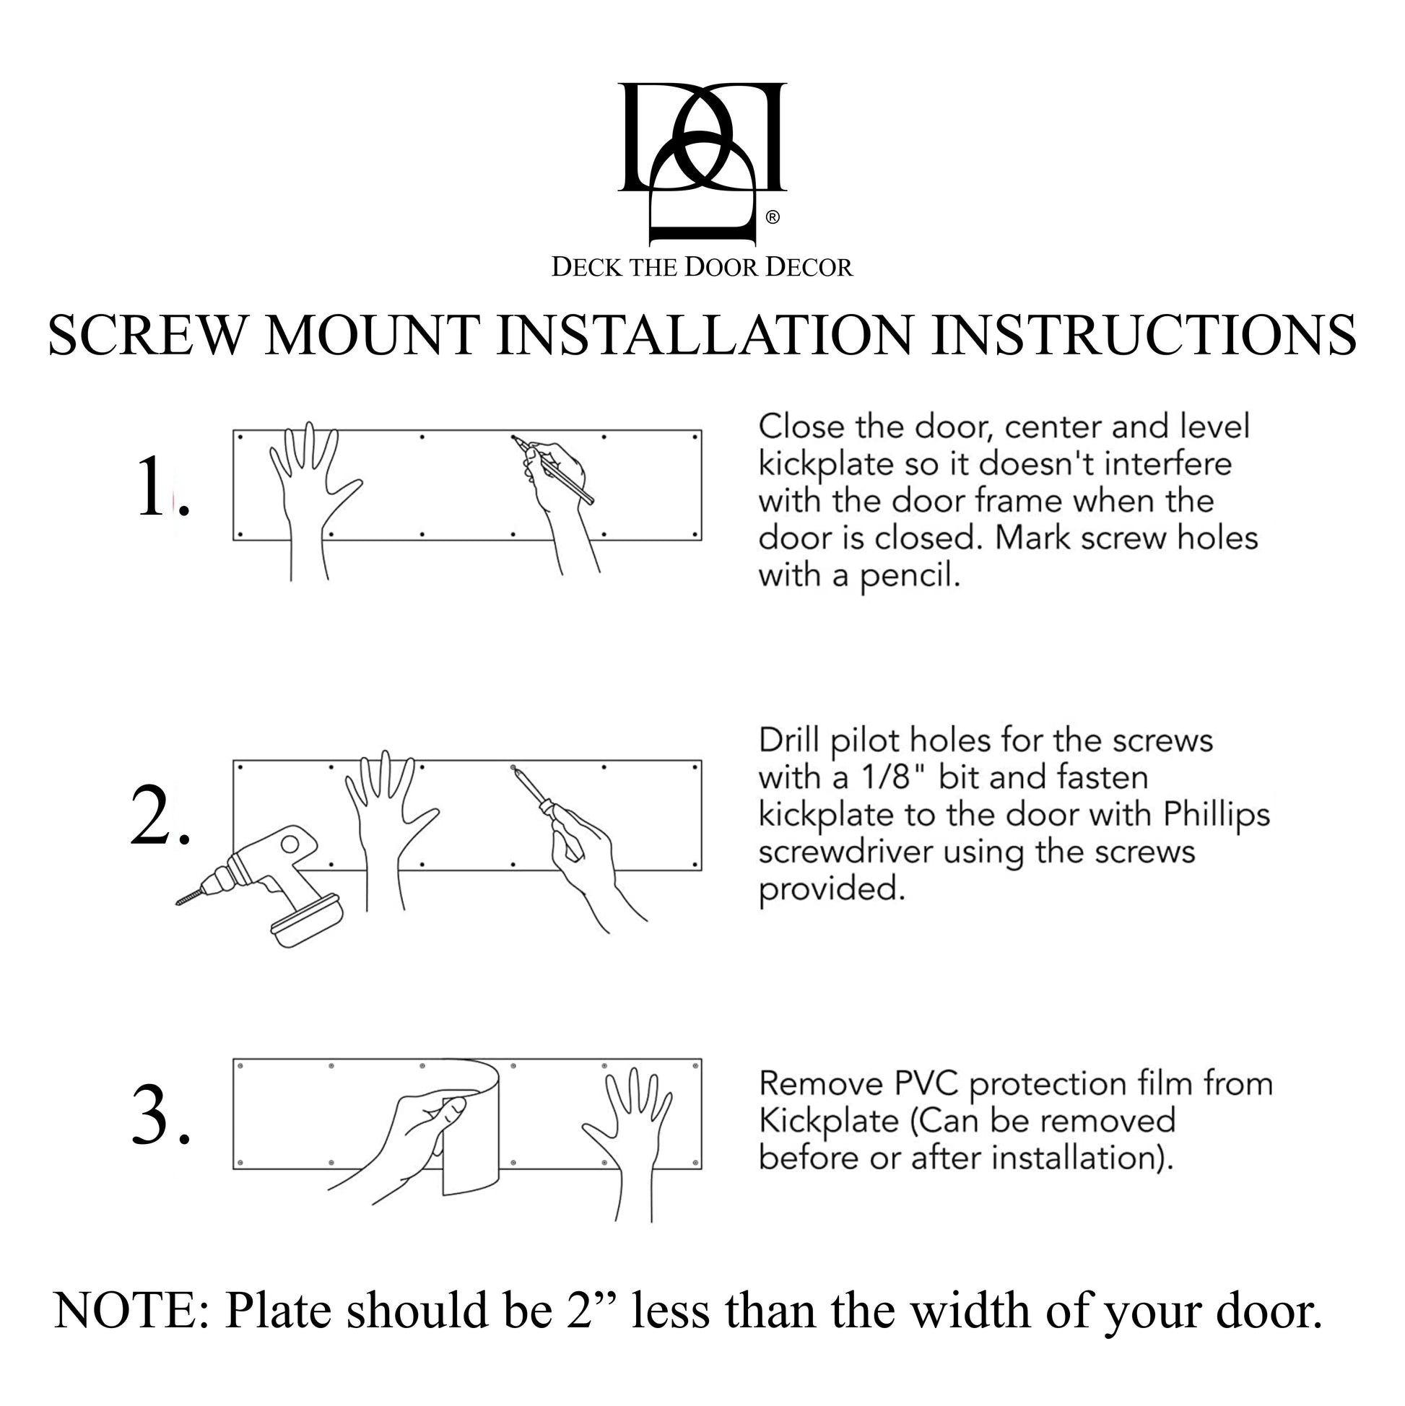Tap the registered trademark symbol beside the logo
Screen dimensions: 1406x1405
[x=773, y=217]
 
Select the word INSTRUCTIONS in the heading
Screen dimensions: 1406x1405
[x=1144, y=336]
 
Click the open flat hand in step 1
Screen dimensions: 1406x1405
[x=310, y=480]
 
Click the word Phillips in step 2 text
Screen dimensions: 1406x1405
[x=1216, y=814]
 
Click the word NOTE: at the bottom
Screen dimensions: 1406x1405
[x=132, y=1311]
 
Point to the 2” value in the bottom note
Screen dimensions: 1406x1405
[x=591, y=1311]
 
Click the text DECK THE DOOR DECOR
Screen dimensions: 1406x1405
[x=702, y=267]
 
